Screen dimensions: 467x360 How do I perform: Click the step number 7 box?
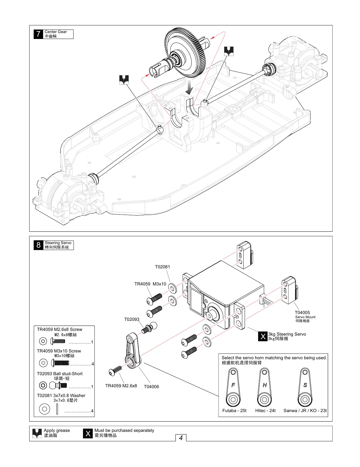click(38, 34)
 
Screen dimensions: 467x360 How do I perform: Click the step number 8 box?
click(38, 245)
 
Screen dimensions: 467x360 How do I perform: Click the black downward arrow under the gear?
click(189, 87)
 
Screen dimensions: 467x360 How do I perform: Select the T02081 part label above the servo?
click(162, 267)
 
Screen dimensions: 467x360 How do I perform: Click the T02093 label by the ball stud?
click(132, 319)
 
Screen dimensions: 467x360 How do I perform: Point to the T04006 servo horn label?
click(151, 387)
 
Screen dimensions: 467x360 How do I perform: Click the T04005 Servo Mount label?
click(302, 313)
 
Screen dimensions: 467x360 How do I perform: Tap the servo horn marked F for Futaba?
click(233, 387)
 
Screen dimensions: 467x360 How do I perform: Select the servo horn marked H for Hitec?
click(265, 387)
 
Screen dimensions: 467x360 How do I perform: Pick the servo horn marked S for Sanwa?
click(305, 387)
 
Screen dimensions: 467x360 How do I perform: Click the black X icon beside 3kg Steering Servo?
click(263, 336)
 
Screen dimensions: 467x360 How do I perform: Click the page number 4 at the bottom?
click(181, 438)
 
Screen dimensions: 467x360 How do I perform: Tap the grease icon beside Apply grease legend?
click(37, 433)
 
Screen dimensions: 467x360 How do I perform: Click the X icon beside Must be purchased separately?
click(88, 433)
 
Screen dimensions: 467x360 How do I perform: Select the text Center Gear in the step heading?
click(56, 32)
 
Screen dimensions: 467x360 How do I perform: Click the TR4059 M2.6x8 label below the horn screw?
click(121, 386)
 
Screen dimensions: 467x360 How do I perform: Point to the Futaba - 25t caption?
click(234, 411)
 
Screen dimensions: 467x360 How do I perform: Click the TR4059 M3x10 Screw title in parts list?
click(59, 351)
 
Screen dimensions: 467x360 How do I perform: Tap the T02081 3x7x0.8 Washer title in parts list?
click(61, 396)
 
